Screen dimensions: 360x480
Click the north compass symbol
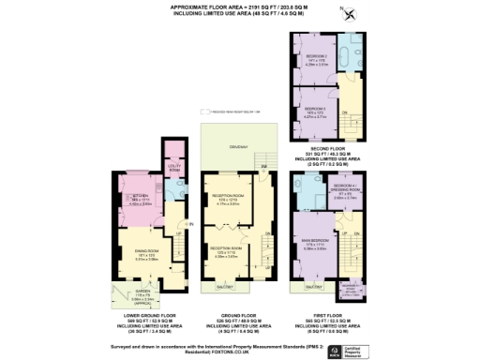(x=350, y=12)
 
